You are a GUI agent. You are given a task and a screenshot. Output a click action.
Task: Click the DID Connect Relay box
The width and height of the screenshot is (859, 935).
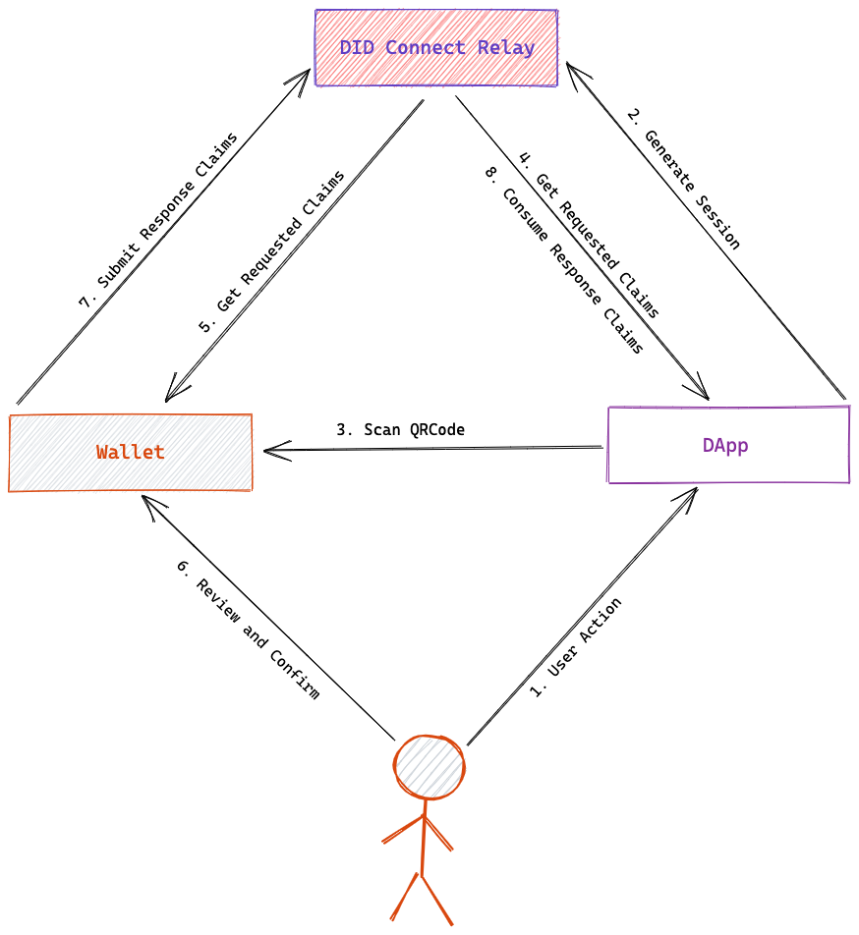coord(436,48)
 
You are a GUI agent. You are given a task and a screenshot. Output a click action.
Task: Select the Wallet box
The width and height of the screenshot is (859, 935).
coord(131,453)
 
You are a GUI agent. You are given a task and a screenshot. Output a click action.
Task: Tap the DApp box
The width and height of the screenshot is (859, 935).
coord(728,445)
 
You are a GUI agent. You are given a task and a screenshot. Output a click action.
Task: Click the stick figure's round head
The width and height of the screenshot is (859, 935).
coord(429,767)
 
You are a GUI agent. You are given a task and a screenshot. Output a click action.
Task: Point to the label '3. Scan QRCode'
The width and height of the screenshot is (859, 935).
coord(400,430)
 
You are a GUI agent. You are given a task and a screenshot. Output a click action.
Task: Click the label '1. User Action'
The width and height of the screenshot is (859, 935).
coord(576,647)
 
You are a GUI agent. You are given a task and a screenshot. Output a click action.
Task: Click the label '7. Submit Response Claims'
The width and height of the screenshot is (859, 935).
coord(157,221)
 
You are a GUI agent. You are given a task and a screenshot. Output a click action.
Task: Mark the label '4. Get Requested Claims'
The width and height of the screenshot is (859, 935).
coord(589,235)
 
